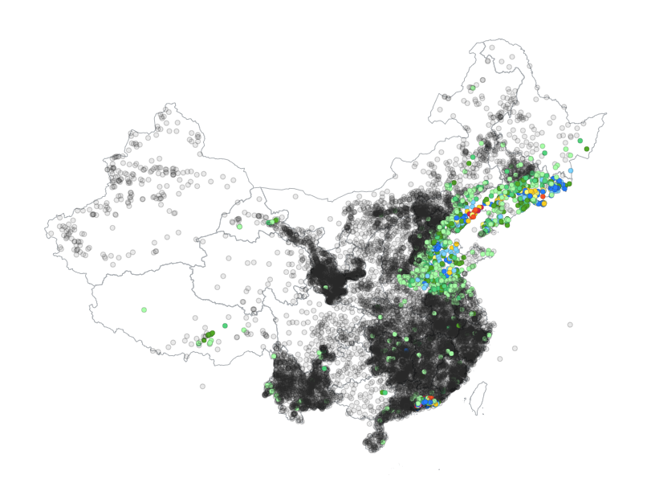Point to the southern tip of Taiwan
474,411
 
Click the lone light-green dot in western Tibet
144,309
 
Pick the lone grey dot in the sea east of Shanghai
570,325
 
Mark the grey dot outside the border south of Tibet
202,386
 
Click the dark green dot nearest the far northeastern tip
586,149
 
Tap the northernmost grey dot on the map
489,47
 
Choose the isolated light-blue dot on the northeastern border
571,170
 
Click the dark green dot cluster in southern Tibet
209,334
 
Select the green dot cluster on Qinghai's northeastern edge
273,221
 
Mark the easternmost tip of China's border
607,113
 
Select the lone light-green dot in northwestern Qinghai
238,226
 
